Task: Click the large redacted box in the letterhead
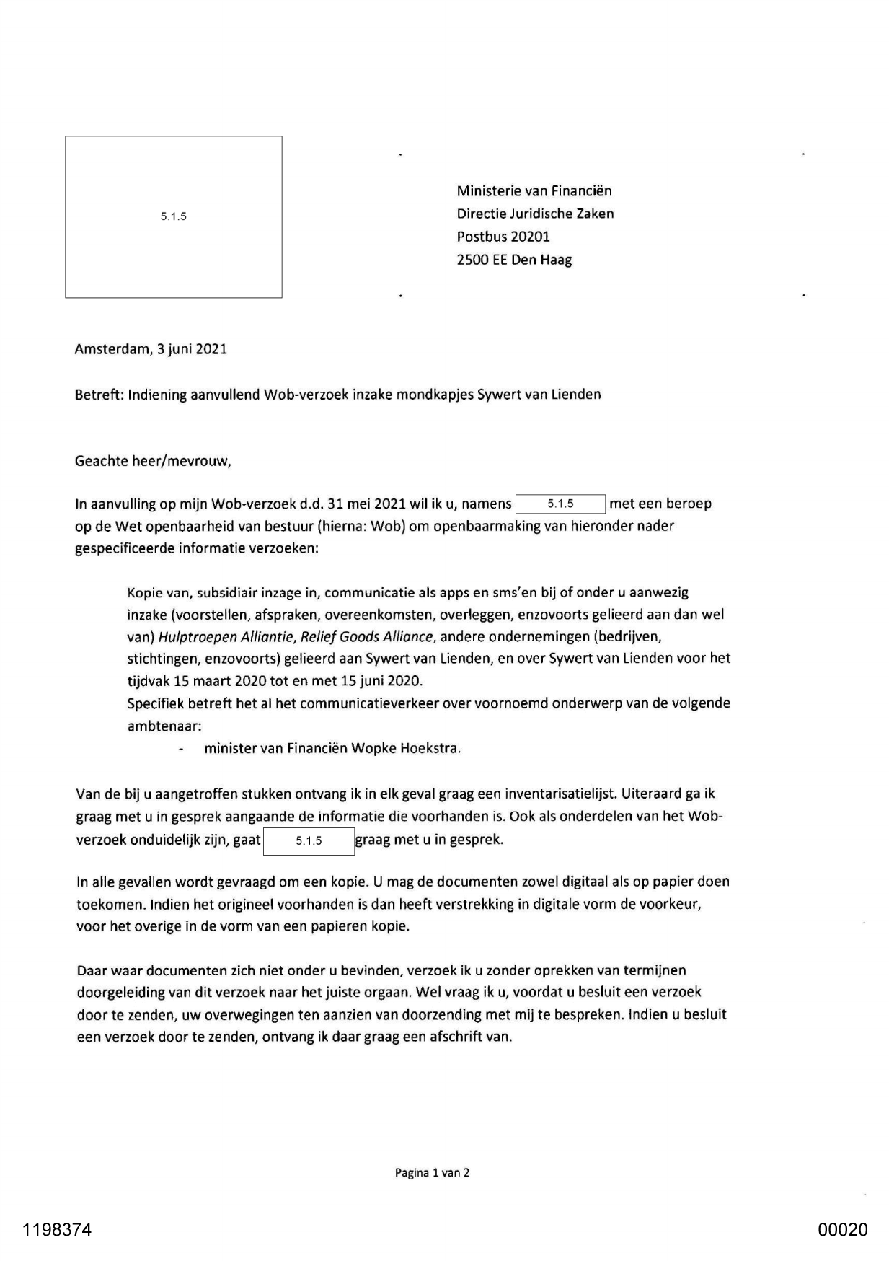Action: (x=173, y=216)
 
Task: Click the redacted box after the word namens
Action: (x=560, y=504)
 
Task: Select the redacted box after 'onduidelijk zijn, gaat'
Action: (x=309, y=841)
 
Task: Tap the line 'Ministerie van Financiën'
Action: (x=534, y=191)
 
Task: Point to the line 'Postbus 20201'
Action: (x=503, y=237)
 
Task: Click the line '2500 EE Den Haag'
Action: (x=514, y=260)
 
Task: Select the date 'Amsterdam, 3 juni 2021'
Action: (x=151, y=350)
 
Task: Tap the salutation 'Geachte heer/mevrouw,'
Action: (x=153, y=462)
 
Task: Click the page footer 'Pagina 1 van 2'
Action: (x=432, y=1172)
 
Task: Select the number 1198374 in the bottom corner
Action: (x=57, y=1230)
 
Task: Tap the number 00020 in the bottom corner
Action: (x=843, y=1230)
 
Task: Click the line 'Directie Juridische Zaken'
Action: (x=535, y=214)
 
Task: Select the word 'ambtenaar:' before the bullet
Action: (x=164, y=726)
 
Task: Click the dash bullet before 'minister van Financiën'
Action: (x=181, y=749)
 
